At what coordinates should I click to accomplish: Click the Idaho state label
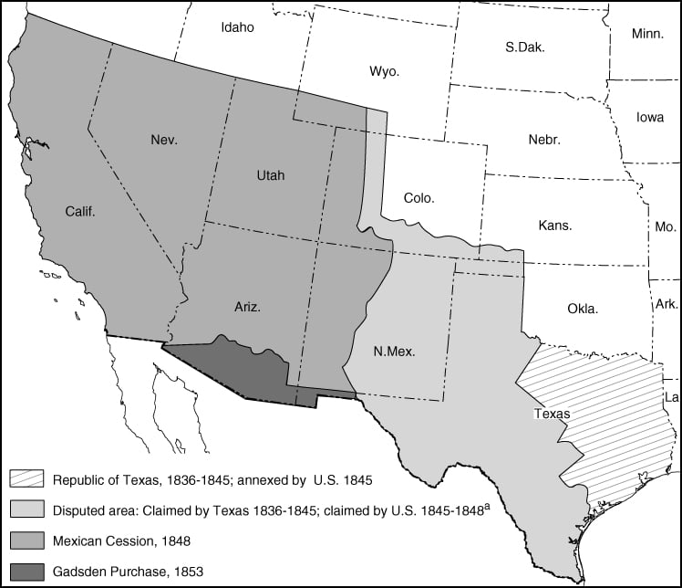coord(237,27)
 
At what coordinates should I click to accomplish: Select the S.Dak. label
coord(524,47)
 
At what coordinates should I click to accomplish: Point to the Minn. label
coord(648,34)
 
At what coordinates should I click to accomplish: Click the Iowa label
coord(650,117)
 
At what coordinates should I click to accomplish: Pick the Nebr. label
coord(544,140)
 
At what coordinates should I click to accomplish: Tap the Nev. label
coord(164,140)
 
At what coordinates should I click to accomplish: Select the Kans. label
coord(555,226)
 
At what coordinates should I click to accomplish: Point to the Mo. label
coord(666,226)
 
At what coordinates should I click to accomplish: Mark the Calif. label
coord(80,211)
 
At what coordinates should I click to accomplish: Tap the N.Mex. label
coord(396,351)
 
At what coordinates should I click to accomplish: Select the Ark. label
coord(666,304)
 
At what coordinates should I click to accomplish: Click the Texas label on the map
coord(553,414)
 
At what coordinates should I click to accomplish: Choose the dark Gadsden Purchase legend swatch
coord(25,571)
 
